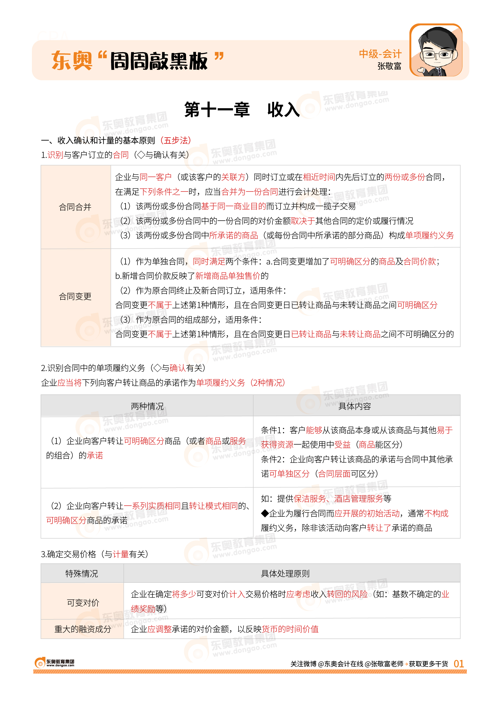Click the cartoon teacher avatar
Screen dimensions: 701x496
point(435,51)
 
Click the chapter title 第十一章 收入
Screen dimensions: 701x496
point(242,110)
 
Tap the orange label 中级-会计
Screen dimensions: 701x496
point(380,54)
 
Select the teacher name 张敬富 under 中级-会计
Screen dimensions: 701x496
point(389,66)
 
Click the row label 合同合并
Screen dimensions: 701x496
point(75,207)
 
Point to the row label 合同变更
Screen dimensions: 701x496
point(75,296)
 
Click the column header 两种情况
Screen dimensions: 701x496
point(147,406)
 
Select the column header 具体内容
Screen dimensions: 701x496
point(355,406)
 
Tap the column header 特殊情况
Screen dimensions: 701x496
point(82,574)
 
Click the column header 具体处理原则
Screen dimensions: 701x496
point(285,574)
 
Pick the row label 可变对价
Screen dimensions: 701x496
point(83,603)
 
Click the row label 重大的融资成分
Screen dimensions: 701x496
point(82,629)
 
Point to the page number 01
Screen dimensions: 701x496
point(459,664)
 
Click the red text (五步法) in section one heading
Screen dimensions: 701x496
point(176,140)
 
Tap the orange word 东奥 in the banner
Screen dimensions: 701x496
point(72,61)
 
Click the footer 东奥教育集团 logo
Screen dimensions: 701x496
point(54,663)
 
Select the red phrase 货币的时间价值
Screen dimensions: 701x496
point(290,629)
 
